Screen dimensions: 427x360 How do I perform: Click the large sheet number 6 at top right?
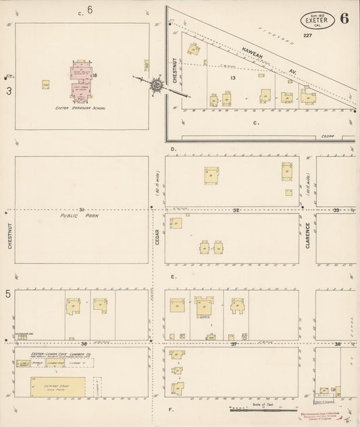344,18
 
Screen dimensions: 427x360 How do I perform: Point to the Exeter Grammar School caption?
78,107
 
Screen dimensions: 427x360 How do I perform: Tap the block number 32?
236,211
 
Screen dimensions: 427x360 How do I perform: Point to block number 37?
234,344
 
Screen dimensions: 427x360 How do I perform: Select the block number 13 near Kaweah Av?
232,79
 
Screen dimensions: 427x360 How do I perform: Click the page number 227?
307,35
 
